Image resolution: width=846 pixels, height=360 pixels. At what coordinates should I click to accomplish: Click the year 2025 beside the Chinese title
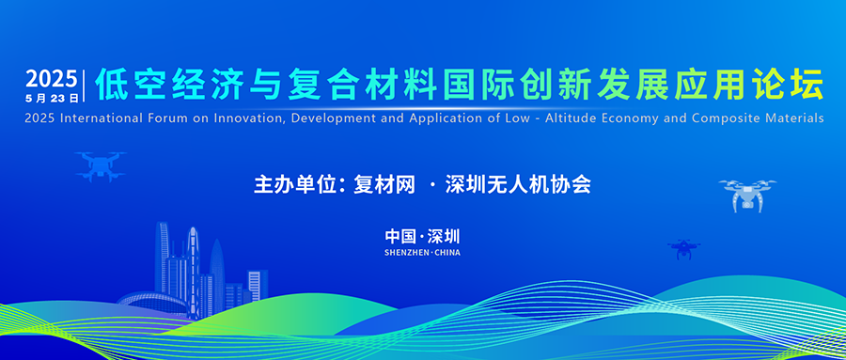(x=53, y=77)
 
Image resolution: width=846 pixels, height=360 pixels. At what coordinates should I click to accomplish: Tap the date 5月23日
(x=53, y=97)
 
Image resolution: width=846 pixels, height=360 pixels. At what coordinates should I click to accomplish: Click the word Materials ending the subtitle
(x=798, y=118)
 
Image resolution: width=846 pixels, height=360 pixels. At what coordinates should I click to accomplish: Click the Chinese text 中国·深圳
(x=422, y=236)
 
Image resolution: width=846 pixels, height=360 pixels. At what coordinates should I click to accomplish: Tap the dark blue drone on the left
(x=101, y=165)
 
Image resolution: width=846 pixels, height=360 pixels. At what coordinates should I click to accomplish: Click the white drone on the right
(x=746, y=194)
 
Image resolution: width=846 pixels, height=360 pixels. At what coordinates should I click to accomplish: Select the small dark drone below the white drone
(x=683, y=248)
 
